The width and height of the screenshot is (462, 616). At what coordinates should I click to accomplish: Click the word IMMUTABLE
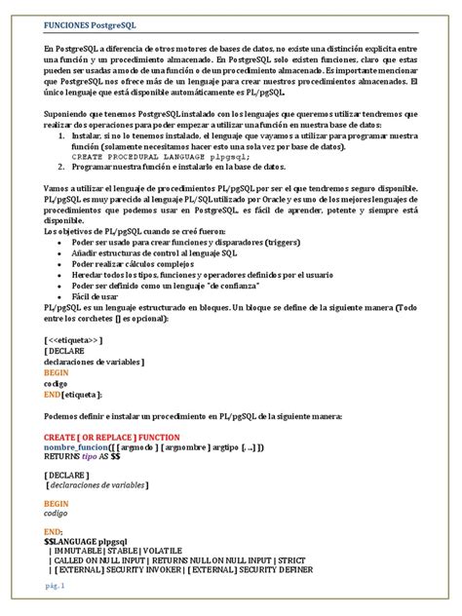pos(81,551)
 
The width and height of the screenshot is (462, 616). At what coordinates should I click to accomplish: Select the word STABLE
pos(129,551)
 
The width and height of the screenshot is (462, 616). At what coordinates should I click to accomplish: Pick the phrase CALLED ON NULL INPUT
pos(112,560)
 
